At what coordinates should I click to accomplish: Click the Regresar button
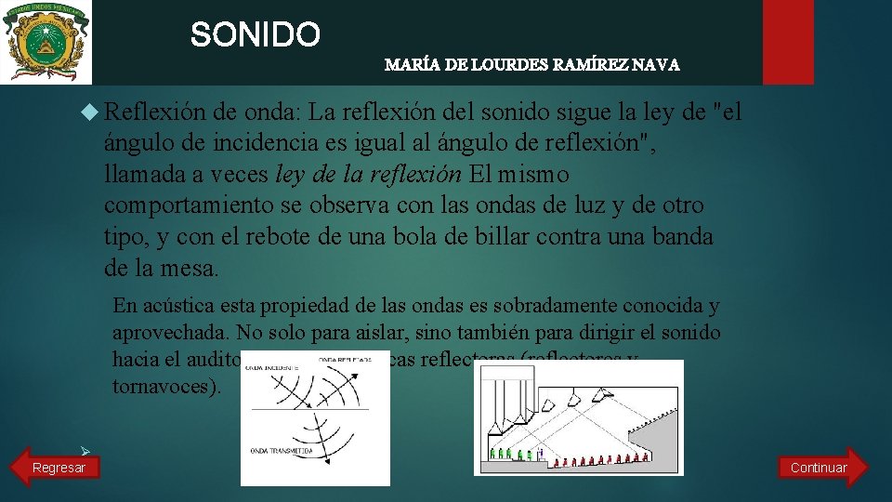click(58, 468)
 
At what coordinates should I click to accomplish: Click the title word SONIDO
click(256, 35)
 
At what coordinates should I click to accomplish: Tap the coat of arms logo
click(46, 42)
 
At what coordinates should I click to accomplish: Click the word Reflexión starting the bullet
click(154, 112)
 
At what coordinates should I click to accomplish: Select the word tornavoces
click(164, 387)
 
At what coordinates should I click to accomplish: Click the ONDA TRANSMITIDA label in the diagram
click(282, 451)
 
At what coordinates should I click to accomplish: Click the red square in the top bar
click(788, 42)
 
